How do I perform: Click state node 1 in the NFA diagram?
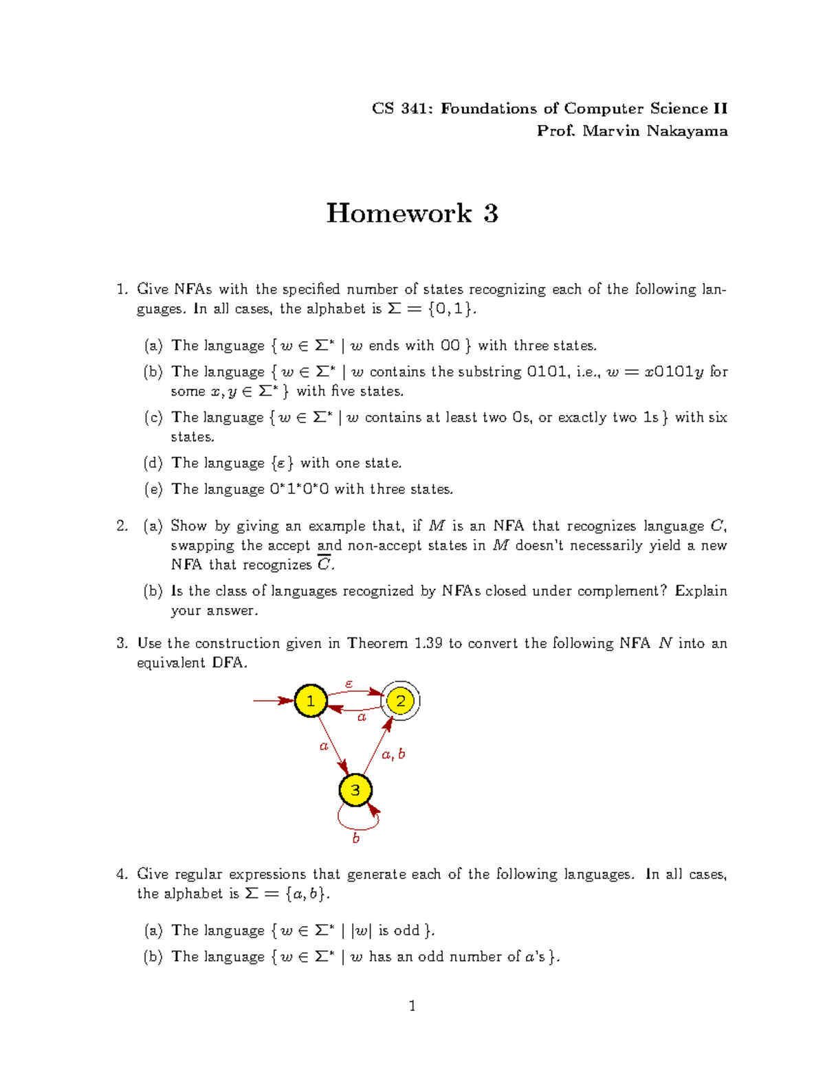(311, 701)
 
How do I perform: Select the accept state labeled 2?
(400, 701)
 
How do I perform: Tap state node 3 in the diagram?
(355, 790)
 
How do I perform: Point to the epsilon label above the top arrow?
(349, 684)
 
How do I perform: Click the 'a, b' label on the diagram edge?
(393, 754)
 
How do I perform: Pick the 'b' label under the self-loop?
(355, 838)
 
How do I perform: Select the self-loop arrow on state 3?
(357, 820)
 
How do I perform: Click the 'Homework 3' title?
(412, 213)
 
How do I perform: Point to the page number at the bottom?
(412, 1007)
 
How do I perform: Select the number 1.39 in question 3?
(428, 643)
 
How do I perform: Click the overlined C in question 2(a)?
(324, 565)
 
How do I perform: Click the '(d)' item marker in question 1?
(153, 463)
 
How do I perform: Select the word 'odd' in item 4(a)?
(406, 930)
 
